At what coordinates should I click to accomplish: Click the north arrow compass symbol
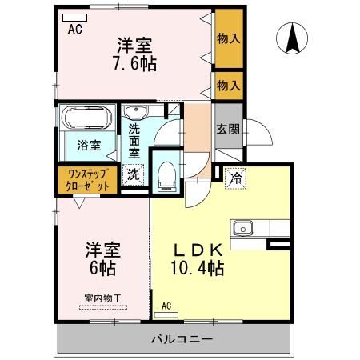point(294,38)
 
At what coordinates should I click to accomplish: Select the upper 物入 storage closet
point(228,38)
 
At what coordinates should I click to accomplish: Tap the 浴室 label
point(89,146)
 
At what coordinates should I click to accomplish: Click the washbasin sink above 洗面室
point(135,112)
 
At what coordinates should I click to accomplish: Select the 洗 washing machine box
point(134,173)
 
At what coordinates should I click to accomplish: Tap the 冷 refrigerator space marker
point(236,177)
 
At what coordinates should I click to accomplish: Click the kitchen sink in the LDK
point(243,228)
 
